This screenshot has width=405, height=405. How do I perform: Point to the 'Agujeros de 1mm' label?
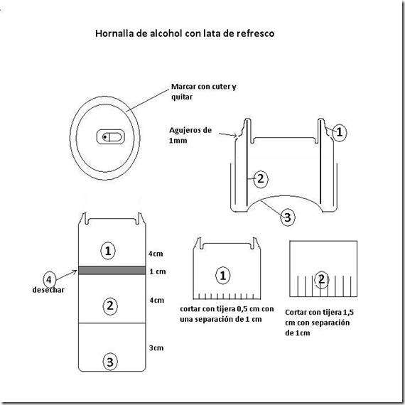click(190, 136)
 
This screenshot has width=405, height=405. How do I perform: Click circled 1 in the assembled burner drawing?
click(340, 131)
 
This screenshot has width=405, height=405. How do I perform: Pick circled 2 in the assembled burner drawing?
click(259, 179)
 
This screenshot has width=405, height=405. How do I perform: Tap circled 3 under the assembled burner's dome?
click(286, 217)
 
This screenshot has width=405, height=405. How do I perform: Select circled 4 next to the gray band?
click(49, 279)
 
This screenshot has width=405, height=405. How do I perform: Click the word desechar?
click(49, 290)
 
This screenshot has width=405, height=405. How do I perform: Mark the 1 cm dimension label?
click(158, 271)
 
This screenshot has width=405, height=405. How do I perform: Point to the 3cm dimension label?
click(156, 347)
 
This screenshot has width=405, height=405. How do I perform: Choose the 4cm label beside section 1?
click(156, 253)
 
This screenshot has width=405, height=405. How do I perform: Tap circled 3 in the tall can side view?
click(109, 362)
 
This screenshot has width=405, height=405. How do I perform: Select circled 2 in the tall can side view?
click(109, 306)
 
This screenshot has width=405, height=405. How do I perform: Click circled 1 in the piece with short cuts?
click(224, 275)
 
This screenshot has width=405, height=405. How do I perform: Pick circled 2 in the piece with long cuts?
click(322, 279)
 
